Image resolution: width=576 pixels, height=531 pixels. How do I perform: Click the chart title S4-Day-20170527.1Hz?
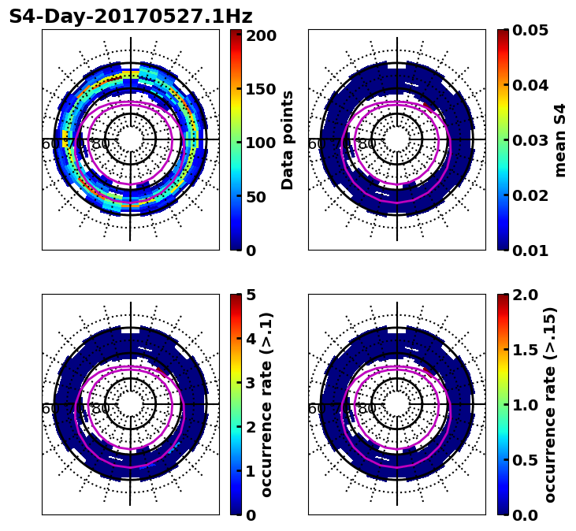(130, 17)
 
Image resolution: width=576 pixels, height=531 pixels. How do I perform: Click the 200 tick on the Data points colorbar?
(261, 35)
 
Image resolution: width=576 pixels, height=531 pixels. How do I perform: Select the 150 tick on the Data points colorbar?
(261, 89)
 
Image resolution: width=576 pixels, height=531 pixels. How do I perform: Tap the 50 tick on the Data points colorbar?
(256, 197)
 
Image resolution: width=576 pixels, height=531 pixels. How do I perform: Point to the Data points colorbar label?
(288, 139)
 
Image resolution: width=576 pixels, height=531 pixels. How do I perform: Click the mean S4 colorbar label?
(560, 139)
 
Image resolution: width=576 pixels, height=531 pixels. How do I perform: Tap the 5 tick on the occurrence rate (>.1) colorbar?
(251, 295)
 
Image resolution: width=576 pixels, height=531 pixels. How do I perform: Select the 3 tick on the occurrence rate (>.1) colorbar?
(251, 383)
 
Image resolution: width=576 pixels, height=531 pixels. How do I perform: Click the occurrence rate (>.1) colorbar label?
(267, 404)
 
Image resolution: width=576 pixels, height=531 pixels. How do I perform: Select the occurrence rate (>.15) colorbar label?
(550, 404)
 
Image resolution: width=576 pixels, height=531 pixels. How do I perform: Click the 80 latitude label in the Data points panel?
(101, 144)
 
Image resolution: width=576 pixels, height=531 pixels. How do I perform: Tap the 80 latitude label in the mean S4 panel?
(367, 144)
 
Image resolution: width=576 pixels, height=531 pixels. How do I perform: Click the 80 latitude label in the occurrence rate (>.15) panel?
(367, 409)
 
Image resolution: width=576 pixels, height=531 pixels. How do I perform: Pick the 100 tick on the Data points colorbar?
(261, 143)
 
